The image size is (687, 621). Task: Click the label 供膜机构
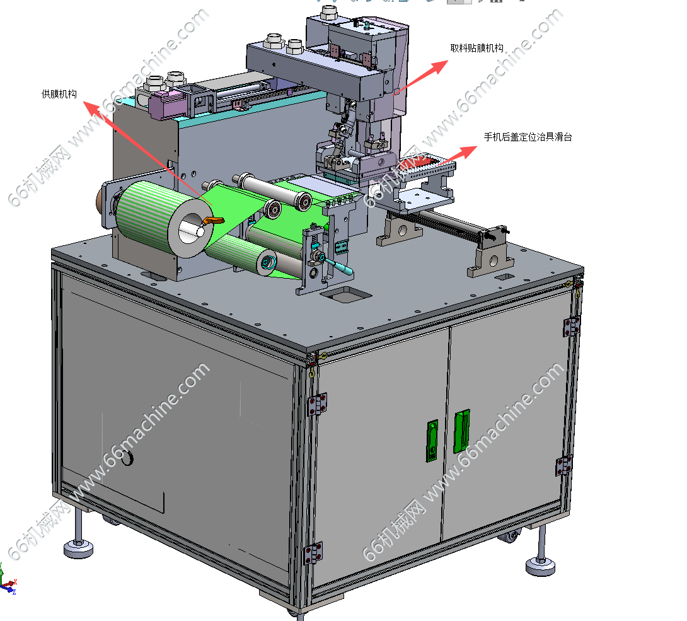point(59,94)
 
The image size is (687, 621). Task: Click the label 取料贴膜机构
point(476,48)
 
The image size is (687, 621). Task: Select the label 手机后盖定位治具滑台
point(528,137)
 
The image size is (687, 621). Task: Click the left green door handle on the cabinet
point(432,441)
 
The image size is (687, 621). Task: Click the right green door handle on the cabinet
point(461,432)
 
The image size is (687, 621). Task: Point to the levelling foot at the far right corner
point(541,554)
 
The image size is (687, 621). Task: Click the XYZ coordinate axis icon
point(8,580)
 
